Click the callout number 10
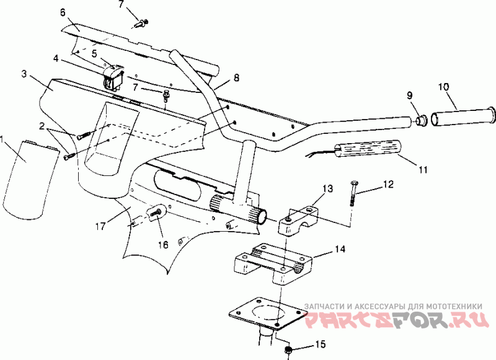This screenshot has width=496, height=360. click(x=443, y=87)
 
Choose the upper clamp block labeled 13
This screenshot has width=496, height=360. click(x=299, y=220)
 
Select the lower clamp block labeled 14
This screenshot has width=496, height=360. click(x=273, y=263)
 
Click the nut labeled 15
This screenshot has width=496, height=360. click(x=288, y=349)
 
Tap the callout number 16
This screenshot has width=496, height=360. click(x=163, y=244)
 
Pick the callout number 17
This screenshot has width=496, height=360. click(x=100, y=226)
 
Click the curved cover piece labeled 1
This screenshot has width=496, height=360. click(x=30, y=180)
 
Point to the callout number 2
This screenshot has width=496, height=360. click(x=42, y=126)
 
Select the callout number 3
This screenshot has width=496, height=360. click(x=24, y=74)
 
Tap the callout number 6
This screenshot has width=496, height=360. click(x=63, y=12)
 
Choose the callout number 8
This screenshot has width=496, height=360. click(x=236, y=77)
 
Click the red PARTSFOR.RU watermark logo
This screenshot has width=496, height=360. click(x=396, y=320)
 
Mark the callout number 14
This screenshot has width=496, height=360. click(x=340, y=249)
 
